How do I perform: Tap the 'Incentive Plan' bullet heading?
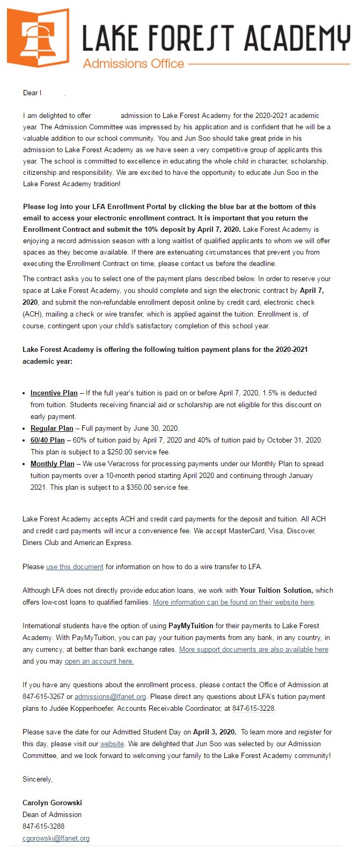click(54, 393)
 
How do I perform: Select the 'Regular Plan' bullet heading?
click(52, 429)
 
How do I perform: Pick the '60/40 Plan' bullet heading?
click(47, 440)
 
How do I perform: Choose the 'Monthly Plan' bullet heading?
click(52, 464)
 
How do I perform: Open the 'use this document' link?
click(75, 567)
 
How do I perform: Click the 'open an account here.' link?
click(99, 661)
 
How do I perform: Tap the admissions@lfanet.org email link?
click(110, 697)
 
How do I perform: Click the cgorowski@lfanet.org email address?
click(56, 839)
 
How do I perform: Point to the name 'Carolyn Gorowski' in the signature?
click(52, 803)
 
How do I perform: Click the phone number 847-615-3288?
click(43, 827)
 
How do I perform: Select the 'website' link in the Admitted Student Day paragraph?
click(112, 744)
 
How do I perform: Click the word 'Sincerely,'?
click(38, 780)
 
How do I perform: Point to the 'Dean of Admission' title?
click(52, 815)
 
